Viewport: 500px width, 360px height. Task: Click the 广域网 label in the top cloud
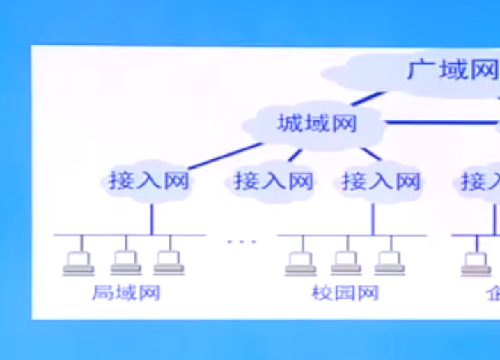point(453,70)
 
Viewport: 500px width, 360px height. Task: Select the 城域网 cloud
point(317,124)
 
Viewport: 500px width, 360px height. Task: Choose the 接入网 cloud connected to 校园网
point(381,182)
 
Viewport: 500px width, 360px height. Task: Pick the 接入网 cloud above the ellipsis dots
point(273,182)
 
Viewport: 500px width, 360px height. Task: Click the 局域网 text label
point(126,292)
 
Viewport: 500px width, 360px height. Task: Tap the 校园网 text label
point(345,292)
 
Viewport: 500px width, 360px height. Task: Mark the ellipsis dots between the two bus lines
point(242,242)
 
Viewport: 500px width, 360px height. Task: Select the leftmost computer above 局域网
point(79,263)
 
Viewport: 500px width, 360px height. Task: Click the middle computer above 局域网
point(126,263)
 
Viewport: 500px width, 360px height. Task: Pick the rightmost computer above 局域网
point(169,263)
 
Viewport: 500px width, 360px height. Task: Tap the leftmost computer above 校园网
point(301,263)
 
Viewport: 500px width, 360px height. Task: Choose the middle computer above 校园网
point(346,263)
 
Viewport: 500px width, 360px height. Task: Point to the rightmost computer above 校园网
point(389,263)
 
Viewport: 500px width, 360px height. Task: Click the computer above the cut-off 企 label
point(477,263)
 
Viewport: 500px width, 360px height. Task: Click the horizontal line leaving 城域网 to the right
point(439,123)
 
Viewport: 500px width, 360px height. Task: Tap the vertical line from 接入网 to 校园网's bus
point(373,219)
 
